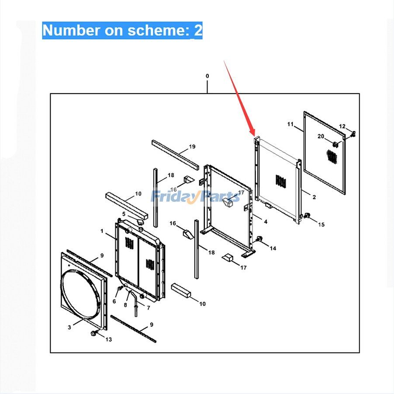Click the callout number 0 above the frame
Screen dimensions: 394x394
[x=207, y=76]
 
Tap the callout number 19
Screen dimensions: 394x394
[x=192, y=146]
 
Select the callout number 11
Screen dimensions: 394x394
[x=290, y=124]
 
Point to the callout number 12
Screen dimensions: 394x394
[x=342, y=126]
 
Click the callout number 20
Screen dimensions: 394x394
[x=321, y=136]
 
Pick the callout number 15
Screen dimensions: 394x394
[x=321, y=225]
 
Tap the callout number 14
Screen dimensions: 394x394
[x=273, y=248]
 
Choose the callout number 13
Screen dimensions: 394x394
[x=109, y=339]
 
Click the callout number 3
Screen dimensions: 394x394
[x=69, y=327]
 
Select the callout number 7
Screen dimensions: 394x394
[x=149, y=308]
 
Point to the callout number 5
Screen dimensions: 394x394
[x=124, y=214]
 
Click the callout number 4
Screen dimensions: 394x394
[x=266, y=221]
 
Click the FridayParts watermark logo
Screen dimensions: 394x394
[x=195, y=196]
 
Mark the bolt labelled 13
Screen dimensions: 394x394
[x=93, y=333]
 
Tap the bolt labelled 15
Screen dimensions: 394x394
[x=306, y=215]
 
